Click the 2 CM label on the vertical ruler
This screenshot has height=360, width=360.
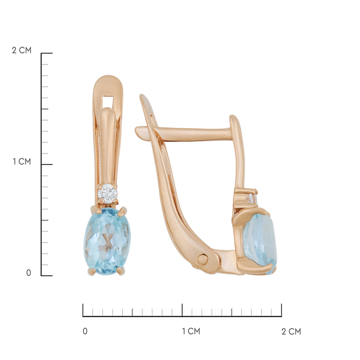coord(22,50)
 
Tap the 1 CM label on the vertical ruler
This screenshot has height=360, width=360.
coord(22,161)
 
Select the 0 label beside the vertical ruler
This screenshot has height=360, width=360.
coord(29,273)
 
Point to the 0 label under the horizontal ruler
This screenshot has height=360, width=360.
coord(85,331)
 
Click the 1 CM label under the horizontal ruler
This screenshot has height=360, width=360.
coord(191,331)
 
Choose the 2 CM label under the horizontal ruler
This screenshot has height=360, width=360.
coord(291,331)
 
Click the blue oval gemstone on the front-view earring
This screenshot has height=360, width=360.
coord(107,241)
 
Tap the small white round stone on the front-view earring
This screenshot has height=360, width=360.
coord(107,194)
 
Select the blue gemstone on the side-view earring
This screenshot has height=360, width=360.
coord(260,244)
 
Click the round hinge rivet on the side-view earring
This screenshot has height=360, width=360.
coord(203,259)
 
